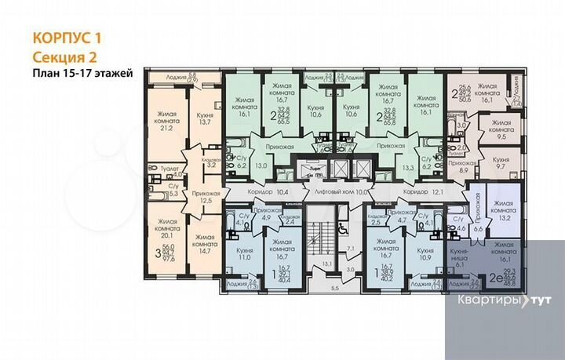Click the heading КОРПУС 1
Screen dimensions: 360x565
(x=67, y=37)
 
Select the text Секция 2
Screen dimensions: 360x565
(x=66, y=56)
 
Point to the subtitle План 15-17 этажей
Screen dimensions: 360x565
(x=82, y=73)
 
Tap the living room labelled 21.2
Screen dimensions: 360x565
(x=166, y=122)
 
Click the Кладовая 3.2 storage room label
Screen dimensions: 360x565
(x=210, y=163)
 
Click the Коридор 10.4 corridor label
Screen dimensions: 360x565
(x=261, y=191)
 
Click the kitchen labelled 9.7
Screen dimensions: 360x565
(x=501, y=163)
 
